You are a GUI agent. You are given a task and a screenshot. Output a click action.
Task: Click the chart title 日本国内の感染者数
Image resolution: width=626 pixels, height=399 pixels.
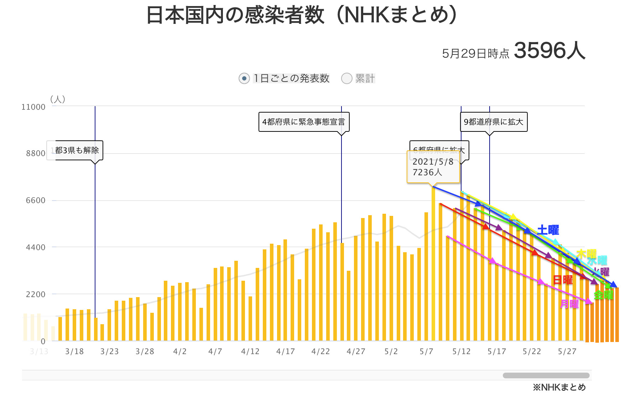pyautogui.click(x=235, y=15)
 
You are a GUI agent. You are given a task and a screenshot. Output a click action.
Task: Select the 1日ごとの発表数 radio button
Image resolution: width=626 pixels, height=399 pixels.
pyautogui.click(x=244, y=78)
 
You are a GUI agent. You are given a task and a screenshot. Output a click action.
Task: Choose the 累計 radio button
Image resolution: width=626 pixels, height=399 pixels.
pyautogui.click(x=347, y=78)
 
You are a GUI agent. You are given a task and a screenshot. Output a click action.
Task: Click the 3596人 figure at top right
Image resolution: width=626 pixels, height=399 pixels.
pyautogui.click(x=549, y=51)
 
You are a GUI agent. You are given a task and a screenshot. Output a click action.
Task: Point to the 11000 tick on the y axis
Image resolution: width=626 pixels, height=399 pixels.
pyautogui.click(x=33, y=107)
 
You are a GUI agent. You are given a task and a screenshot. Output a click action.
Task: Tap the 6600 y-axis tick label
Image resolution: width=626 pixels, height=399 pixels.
pyautogui.click(x=36, y=200)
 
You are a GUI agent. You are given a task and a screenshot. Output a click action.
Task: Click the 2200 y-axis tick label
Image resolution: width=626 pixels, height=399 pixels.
pyautogui.click(x=36, y=294)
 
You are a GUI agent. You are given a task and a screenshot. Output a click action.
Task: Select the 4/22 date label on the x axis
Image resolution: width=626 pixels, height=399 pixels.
pyautogui.click(x=320, y=352)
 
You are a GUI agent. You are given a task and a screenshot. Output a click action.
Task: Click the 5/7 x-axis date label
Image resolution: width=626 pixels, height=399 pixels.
pyautogui.click(x=426, y=352)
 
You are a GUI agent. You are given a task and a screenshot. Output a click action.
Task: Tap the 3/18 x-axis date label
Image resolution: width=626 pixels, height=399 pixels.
pyautogui.click(x=74, y=352)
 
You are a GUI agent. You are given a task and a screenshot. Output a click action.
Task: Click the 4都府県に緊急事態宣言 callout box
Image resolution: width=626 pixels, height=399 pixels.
pyautogui.click(x=304, y=122)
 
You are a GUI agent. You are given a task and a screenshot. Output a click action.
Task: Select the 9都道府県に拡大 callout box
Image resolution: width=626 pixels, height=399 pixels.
pyautogui.click(x=494, y=122)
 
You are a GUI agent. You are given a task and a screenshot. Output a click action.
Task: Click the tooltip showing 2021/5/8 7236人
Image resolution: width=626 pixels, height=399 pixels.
pyautogui.click(x=433, y=167)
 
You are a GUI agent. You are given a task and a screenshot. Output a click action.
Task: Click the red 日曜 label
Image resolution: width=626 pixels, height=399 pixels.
pyautogui.click(x=563, y=280)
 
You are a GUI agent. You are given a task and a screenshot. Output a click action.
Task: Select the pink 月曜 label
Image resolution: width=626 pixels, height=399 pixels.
pyautogui.click(x=569, y=304)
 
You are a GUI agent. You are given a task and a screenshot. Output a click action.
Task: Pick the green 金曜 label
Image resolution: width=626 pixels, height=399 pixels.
pyautogui.click(x=604, y=295)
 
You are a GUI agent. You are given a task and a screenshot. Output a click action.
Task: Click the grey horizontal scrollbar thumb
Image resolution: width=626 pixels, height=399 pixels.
pyautogui.click(x=546, y=375)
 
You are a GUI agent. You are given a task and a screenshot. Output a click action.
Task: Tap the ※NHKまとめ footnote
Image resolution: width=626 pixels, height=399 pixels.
pyautogui.click(x=559, y=387)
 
